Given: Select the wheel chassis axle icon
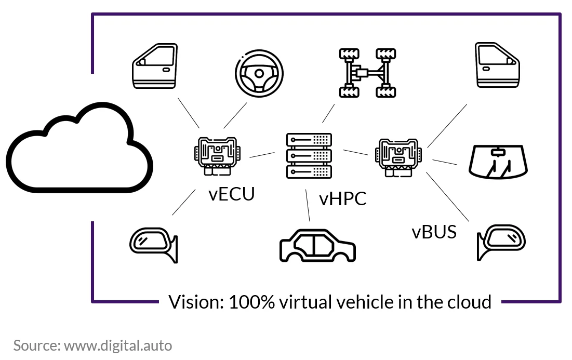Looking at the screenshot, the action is coord(367,73).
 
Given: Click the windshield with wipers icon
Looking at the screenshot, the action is coord(498,162).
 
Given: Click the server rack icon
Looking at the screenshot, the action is coord(309,156).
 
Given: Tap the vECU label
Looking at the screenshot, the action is coord(232,194).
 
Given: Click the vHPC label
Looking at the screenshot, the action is coord(342,199).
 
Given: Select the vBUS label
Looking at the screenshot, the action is coord(434,232).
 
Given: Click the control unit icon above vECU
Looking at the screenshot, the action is coord(217,156).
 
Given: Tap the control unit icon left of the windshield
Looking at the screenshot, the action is coord(398,157).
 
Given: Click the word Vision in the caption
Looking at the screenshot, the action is coord(196,302).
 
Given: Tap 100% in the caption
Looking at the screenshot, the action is coord(251,302).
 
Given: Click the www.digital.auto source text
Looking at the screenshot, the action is coord(118,345).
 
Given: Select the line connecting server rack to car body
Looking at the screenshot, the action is coord(308,205).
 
